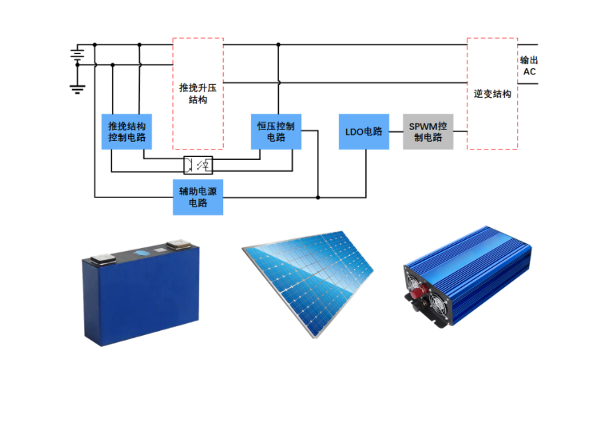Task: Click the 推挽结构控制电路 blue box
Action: [x=127, y=131]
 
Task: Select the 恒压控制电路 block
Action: [x=276, y=131]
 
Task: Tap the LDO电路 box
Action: [x=364, y=131]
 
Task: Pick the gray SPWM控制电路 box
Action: [x=428, y=131]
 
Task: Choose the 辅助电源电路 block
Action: [x=198, y=197]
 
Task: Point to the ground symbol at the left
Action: [x=78, y=88]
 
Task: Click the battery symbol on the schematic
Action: [x=78, y=54]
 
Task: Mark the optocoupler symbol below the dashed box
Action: [x=200, y=165]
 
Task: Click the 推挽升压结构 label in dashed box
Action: [x=198, y=93]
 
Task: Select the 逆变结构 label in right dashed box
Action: [x=492, y=93]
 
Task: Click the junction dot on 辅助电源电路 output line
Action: [x=318, y=197]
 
